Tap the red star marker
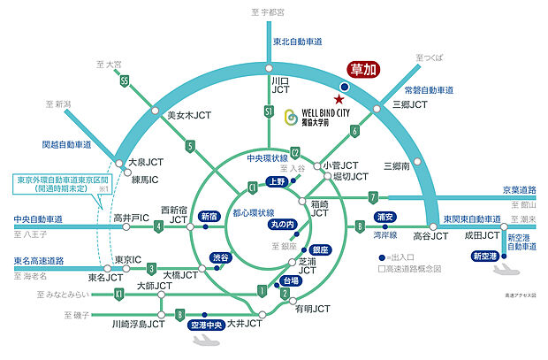tap(337, 99)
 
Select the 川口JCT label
tap(280, 84)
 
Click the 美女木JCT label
tap(188, 114)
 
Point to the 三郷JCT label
tap(409, 104)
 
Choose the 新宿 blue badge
tap(210, 216)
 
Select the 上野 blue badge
tap(278, 181)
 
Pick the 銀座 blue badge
tap(319, 249)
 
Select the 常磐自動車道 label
tap(429, 90)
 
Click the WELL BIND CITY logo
tap(316, 118)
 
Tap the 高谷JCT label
tap(431, 236)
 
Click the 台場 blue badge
tap(287, 280)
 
